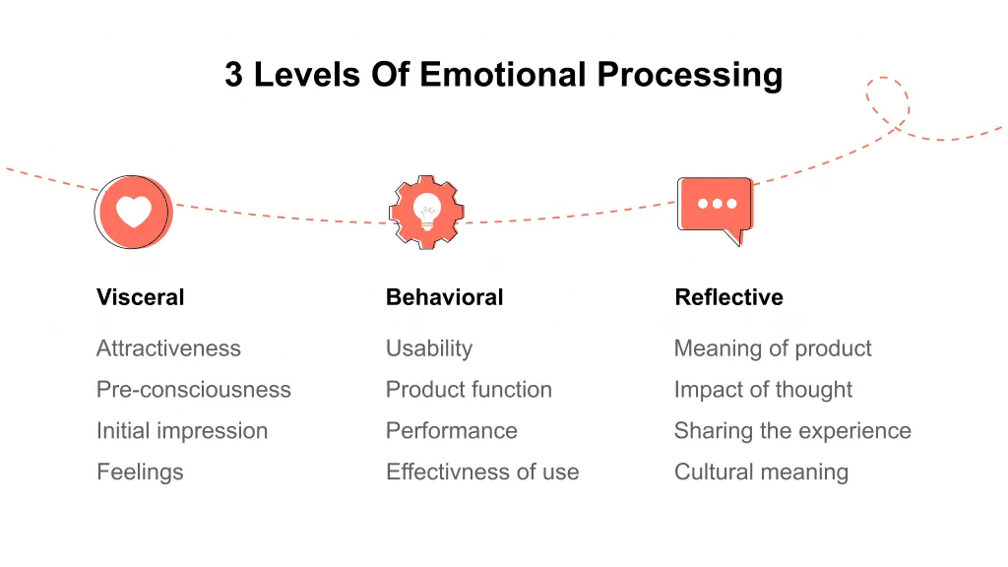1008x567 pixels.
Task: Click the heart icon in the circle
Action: click(x=133, y=212)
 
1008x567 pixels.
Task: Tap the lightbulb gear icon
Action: click(x=426, y=211)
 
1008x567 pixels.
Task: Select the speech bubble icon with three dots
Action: click(x=716, y=207)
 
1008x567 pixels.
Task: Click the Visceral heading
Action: click(x=140, y=297)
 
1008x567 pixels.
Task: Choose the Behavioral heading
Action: click(x=444, y=297)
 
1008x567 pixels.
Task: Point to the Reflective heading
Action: click(x=728, y=297)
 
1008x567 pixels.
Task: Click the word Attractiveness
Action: click(x=168, y=348)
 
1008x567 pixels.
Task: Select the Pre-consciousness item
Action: click(x=193, y=390)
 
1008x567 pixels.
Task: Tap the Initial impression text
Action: click(x=182, y=431)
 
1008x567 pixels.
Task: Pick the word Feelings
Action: click(x=140, y=472)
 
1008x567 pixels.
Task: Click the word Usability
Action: click(x=429, y=348)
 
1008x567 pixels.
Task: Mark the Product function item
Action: click(x=469, y=390)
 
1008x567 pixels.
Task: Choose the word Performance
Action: click(x=451, y=431)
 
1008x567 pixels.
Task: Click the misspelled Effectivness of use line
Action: click(x=482, y=472)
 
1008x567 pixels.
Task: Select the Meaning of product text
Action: click(x=773, y=348)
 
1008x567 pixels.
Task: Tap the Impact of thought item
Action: click(x=763, y=390)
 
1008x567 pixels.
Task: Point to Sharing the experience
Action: click(x=792, y=431)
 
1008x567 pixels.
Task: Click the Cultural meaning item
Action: click(x=761, y=472)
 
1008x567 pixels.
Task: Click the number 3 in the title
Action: click(x=233, y=75)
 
